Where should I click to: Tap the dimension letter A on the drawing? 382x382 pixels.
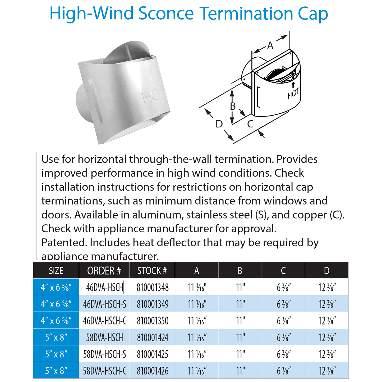pyautogui.click(x=270, y=46)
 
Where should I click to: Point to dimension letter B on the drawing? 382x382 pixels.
pyautogui.click(x=233, y=106)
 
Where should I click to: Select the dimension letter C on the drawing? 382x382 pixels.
pyautogui.click(x=250, y=124)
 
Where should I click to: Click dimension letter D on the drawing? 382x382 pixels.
pyautogui.click(x=219, y=124)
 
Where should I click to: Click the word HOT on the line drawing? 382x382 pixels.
pyautogui.click(x=293, y=94)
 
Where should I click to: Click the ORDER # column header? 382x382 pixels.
pyautogui.click(x=104, y=271)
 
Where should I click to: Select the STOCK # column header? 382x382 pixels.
pyautogui.click(x=152, y=271)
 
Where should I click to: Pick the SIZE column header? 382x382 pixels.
pyautogui.click(x=56, y=271)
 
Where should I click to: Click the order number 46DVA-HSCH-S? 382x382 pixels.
pyautogui.click(x=104, y=304)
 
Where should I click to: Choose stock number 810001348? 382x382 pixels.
pyautogui.click(x=153, y=288)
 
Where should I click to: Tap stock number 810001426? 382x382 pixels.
pyautogui.click(x=153, y=371)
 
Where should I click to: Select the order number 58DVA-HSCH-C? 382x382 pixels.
pyautogui.click(x=104, y=371)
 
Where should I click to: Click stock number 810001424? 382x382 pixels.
pyautogui.click(x=153, y=338)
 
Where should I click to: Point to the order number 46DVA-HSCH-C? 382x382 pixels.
pyautogui.click(x=104, y=321)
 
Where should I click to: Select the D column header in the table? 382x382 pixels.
pyautogui.click(x=327, y=271)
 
